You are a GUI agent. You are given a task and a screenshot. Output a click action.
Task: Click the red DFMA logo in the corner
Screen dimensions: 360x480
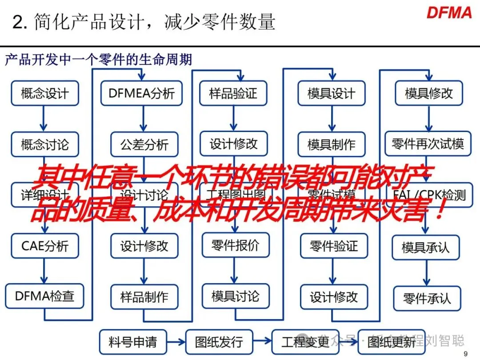[x=449, y=12]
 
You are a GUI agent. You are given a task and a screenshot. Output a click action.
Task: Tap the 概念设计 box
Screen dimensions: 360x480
[x=44, y=93]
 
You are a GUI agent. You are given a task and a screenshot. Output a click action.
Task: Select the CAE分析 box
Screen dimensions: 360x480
[x=44, y=246]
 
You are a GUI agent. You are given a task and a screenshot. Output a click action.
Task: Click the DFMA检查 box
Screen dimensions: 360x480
[x=44, y=296]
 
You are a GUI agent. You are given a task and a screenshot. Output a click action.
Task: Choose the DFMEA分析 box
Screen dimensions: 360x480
[x=141, y=93]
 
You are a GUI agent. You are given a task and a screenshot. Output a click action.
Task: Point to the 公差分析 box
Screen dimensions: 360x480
[x=144, y=144]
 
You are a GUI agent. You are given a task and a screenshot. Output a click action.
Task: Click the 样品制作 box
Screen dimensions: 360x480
[x=144, y=297]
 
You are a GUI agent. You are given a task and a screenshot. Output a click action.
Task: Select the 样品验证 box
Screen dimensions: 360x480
[x=233, y=93]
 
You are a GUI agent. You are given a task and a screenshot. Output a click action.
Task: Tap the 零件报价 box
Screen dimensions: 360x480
[x=235, y=245]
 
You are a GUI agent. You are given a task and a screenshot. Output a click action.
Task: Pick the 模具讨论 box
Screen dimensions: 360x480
[x=235, y=296]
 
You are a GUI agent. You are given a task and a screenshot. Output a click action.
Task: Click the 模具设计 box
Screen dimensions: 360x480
[x=331, y=93]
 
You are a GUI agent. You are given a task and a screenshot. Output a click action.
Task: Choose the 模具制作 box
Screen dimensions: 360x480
[x=331, y=144]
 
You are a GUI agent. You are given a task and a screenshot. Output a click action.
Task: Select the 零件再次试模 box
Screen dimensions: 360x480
[x=428, y=144]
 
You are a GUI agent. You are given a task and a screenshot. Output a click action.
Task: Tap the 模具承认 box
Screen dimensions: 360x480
[x=426, y=247]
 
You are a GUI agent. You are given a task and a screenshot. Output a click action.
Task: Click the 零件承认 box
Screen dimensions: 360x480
[x=427, y=298]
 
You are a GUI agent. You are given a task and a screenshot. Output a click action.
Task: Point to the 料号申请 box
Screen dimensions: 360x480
[x=132, y=342]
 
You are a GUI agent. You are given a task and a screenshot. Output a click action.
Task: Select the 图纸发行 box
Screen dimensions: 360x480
[x=219, y=342]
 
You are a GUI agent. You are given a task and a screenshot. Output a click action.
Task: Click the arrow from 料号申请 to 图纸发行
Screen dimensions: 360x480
[x=176, y=342]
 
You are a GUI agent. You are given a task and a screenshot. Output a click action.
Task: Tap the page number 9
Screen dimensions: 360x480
[x=465, y=354]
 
